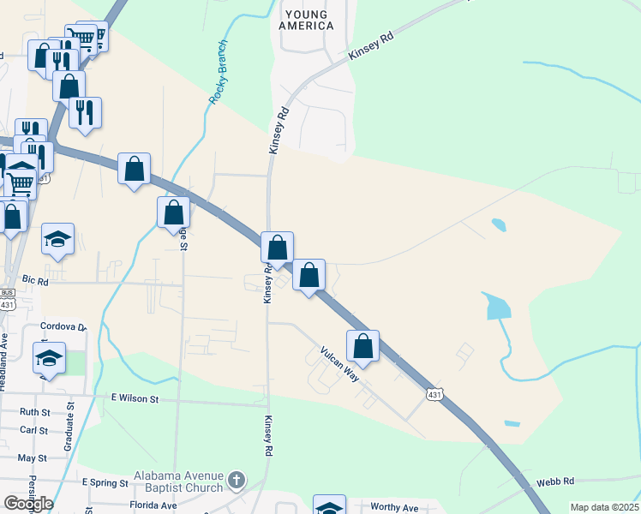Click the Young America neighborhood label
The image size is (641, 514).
click(x=306, y=20)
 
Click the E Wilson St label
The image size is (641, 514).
click(x=135, y=398)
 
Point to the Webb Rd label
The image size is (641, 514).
click(x=554, y=482)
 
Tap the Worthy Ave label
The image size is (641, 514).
click(x=394, y=507)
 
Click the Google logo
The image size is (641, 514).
click(x=28, y=503)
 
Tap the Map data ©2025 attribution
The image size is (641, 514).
click(x=604, y=507)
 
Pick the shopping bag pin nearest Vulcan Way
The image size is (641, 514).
click(x=363, y=346)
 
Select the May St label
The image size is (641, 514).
click(x=32, y=457)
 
